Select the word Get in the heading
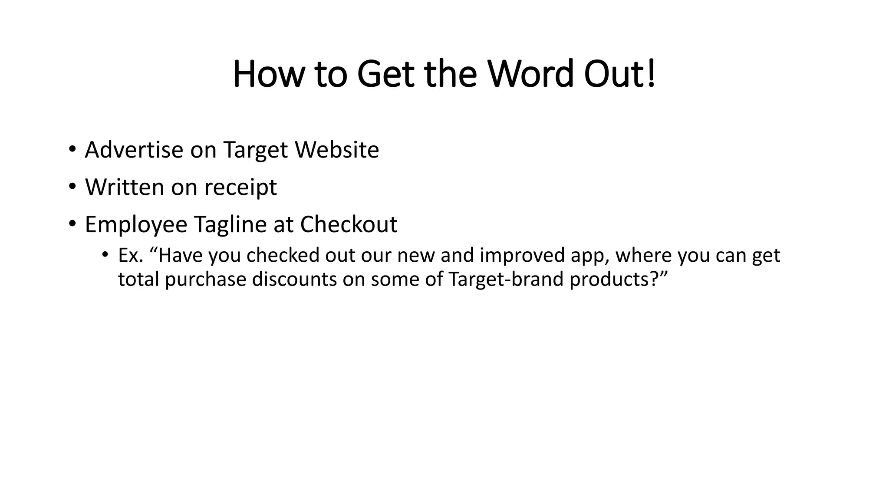tap(385, 74)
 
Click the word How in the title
tap(267, 74)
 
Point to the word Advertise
tap(134, 150)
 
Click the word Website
tap(337, 150)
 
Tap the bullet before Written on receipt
tap(72, 187)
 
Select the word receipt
tap(240, 187)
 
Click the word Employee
tap(136, 225)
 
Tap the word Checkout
tap(349, 224)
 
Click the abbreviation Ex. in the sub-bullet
tap(131, 255)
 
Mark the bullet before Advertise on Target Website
tap(72, 149)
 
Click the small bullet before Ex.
tap(105, 255)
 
